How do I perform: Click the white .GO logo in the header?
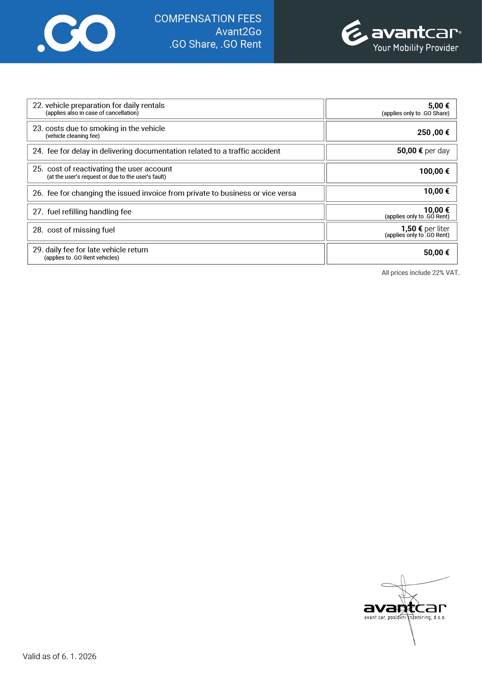tap(76, 33)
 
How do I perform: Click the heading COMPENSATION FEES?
tap(208, 19)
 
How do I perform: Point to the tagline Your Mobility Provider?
tap(415, 48)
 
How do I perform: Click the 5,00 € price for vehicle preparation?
tap(438, 106)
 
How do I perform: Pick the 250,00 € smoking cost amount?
tap(433, 132)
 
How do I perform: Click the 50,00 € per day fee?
tap(423, 151)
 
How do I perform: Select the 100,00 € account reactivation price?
tap(434, 171)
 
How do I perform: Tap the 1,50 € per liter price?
tap(425, 228)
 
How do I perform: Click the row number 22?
tap(38, 106)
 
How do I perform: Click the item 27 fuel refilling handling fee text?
tap(89, 211)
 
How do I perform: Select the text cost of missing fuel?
tap(81, 230)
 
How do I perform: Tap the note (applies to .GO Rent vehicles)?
tap(81, 258)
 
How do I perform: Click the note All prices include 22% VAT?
tap(420, 273)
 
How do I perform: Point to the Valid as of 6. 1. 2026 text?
tap(59, 656)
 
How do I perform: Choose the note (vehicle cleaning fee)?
tap(72, 136)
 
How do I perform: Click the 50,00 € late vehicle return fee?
tap(436, 252)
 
